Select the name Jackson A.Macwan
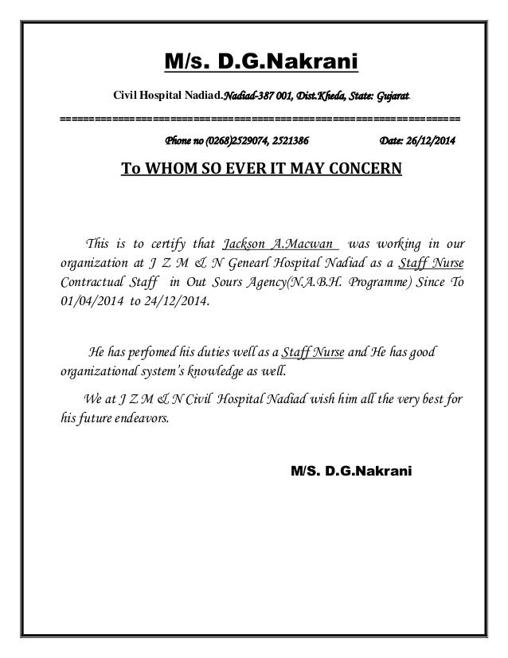point(279,243)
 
